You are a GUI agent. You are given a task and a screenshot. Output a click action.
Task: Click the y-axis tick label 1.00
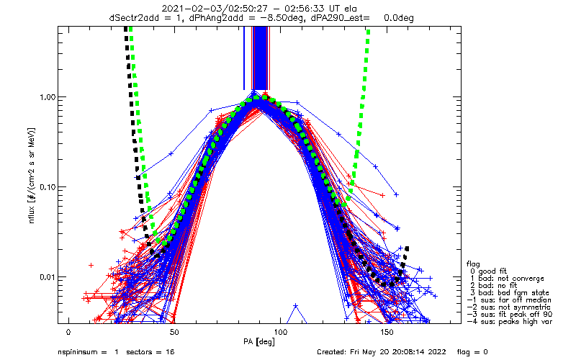pos(47,97)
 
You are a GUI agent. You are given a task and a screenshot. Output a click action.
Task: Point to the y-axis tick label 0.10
pos(47,187)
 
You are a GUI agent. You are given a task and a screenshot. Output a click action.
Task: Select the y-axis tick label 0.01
pos(47,276)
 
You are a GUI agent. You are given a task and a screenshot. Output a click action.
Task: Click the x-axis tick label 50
pos(174,332)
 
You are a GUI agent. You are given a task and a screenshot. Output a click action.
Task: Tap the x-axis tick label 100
pos(281,332)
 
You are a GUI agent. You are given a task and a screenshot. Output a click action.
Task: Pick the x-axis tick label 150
pos(387,332)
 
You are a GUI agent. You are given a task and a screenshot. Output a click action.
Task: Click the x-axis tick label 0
pos(68,332)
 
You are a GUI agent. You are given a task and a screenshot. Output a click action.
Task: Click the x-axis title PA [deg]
pos(259,342)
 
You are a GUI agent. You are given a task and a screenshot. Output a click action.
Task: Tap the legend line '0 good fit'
pos(488,271)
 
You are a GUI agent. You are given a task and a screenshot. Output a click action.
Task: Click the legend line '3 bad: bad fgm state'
pos(510,293)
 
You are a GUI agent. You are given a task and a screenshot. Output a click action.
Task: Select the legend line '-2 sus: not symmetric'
pos(509,307)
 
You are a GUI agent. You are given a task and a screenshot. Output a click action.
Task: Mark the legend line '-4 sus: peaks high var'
pos(510,321)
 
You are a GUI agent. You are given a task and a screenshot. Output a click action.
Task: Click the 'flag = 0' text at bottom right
pos(472,352)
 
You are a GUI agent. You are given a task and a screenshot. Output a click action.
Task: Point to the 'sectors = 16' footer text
pos(150,352)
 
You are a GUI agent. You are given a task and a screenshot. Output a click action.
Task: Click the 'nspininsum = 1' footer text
pos(88,352)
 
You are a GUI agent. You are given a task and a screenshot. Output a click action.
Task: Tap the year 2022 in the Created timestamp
pos(438,352)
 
